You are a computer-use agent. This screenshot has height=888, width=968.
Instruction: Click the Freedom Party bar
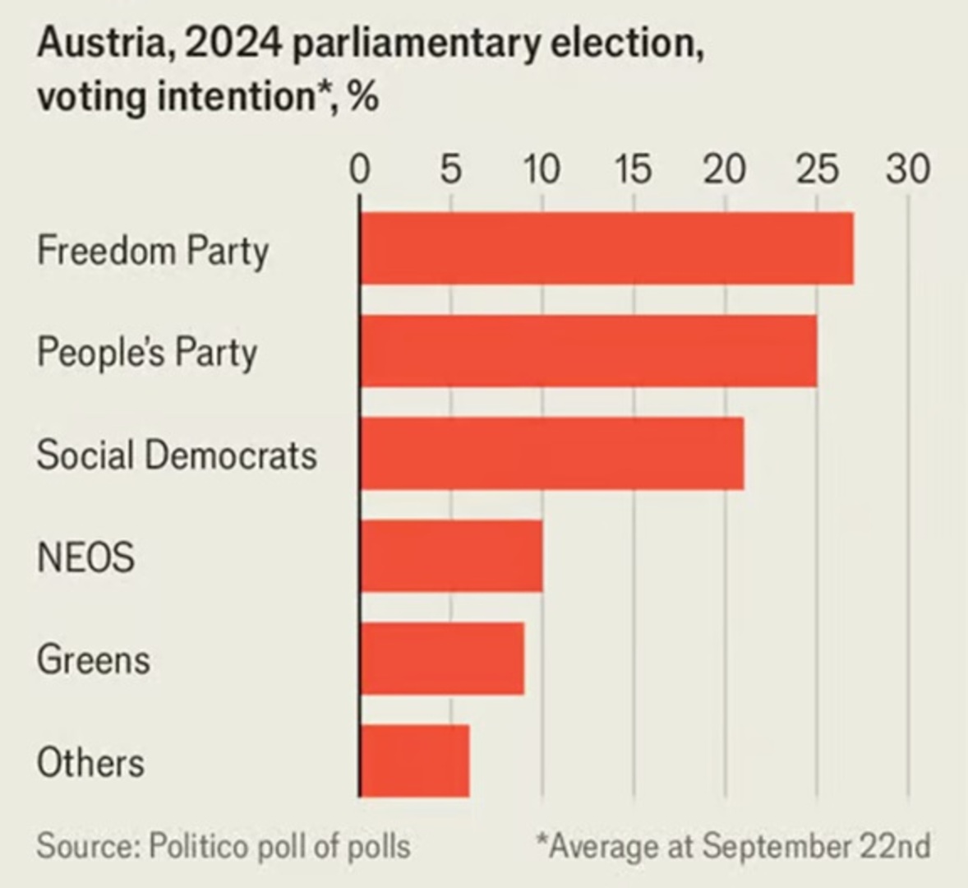606,248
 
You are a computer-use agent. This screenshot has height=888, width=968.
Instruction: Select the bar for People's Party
588,351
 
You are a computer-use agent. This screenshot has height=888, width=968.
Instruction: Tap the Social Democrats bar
551,453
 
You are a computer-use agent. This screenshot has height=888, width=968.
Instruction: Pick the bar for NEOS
451,556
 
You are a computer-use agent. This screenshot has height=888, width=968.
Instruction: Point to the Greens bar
442,658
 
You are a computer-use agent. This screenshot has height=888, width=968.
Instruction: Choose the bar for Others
415,761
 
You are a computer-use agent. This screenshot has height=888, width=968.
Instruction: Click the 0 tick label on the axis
359,169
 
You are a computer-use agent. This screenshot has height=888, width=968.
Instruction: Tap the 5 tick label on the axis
450,169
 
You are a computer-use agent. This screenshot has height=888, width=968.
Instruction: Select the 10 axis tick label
542,169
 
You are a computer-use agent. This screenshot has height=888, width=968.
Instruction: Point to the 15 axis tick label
633,169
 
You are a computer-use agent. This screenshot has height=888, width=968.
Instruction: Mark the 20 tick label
725,169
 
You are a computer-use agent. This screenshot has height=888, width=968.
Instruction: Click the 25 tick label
816,169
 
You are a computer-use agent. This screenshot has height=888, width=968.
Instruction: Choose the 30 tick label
907,169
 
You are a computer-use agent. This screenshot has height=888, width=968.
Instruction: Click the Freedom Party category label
153,250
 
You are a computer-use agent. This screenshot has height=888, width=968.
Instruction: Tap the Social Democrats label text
177,455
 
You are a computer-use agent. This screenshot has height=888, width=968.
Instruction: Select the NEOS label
85,557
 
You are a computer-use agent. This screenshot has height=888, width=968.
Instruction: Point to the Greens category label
94,659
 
